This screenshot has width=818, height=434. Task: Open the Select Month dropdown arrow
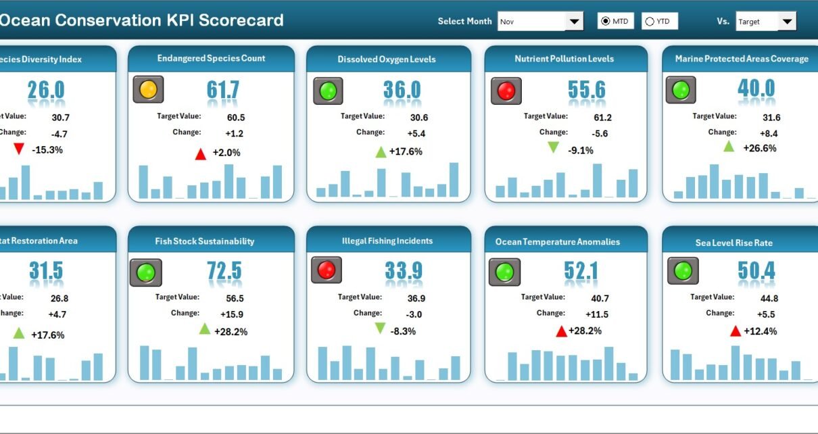574,22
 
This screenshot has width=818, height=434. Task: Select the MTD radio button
605,22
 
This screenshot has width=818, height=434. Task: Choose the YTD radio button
650,22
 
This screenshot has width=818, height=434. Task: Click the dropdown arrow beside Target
786,22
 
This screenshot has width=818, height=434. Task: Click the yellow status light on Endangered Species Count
148,89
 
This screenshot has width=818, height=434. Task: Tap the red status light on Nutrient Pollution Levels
505,90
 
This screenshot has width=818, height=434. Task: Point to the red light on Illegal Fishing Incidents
326,270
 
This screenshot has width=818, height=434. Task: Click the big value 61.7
223,90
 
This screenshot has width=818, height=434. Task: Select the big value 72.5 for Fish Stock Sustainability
224,270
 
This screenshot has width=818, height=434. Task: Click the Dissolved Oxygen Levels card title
387,59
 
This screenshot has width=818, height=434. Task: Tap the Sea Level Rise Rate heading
733,243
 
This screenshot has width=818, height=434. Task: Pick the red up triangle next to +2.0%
200,154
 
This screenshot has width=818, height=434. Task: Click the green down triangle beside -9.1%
553,147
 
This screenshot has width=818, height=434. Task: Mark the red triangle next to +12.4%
736,331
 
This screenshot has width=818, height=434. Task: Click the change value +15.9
232,314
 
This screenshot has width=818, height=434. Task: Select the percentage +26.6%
760,148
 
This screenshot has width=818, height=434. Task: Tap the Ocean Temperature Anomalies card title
557,241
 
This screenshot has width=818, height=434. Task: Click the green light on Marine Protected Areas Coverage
681,90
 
